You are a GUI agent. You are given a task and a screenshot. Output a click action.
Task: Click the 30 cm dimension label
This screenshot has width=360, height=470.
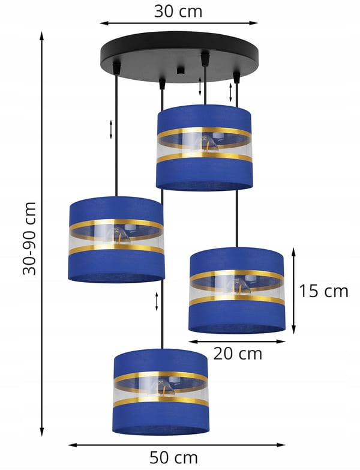click(x=178, y=11)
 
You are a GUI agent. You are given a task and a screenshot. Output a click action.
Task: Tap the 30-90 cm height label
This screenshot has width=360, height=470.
click(x=29, y=238)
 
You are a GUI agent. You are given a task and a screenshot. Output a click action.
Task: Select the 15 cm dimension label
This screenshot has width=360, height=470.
click(x=324, y=291)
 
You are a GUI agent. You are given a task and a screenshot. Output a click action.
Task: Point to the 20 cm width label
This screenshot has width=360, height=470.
click(x=238, y=354)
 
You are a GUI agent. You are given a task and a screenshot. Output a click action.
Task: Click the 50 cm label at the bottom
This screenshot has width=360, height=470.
click(x=174, y=458)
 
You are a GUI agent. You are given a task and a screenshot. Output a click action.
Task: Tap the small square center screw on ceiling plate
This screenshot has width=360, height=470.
click(x=180, y=70)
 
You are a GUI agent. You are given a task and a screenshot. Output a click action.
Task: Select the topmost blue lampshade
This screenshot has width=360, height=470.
click(x=204, y=147)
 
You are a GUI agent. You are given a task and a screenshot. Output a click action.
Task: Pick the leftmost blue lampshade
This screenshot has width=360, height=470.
click(x=116, y=240)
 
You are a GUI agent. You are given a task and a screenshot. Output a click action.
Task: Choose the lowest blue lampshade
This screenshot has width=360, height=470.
click(x=161, y=392)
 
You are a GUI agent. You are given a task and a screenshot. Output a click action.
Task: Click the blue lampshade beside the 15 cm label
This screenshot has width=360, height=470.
click(x=237, y=290)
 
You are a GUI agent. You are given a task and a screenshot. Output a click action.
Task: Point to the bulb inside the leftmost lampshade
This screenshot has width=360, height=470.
click(x=120, y=235)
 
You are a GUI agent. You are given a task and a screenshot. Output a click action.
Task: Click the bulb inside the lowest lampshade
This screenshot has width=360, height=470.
click(x=165, y=387)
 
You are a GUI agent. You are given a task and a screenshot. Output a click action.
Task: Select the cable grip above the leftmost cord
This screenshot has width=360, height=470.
click(x=116, y=68)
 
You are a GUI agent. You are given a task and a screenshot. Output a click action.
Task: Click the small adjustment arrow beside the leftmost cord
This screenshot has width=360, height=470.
click(x=111, y=130)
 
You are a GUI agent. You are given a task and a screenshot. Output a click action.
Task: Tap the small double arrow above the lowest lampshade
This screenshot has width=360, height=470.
click(x=157, y=301)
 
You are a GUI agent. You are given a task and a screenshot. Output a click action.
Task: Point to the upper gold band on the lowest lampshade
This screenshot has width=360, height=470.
click(x=161, y=376)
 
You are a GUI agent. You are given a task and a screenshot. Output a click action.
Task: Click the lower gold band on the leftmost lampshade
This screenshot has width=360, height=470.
click(x=116, y=249)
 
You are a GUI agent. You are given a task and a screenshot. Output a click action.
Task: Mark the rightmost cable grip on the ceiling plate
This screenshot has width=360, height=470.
click(x=236, y=77)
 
